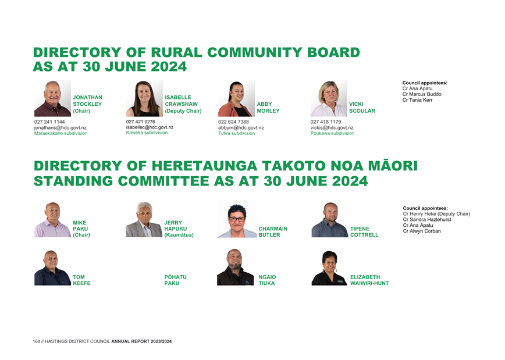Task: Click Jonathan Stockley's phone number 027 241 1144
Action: click(x=49, y=122)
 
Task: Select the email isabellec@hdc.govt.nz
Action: click(x=150, y=127)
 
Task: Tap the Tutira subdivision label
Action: click(x=236, y=133)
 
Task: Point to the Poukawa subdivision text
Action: click(x=332, y=133)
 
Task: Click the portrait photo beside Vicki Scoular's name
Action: click(x=329, y=98)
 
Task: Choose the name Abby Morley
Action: click(x=268, y=107)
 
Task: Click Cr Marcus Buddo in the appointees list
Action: click(x=422, y=94)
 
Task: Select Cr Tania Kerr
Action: click(x=417, y=100)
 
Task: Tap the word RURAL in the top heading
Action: click(x=176, y=52)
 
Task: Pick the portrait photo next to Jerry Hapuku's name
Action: click(x=144, y=220)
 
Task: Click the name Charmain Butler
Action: click(x=273, y=232)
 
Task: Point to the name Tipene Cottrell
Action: click(x=364, y=232)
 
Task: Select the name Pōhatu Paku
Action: click(x=175, y=280)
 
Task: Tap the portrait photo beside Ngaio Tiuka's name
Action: click(x=235, y=268)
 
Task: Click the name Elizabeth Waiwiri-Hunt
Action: click(x=369, y=280)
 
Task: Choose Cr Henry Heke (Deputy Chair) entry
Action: click(x=436, y=214)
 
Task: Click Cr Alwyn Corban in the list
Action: click(x=422, y=231)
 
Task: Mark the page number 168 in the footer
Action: click(x=37, y=341)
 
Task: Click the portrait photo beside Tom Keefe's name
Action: click(x=52, y=268)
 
